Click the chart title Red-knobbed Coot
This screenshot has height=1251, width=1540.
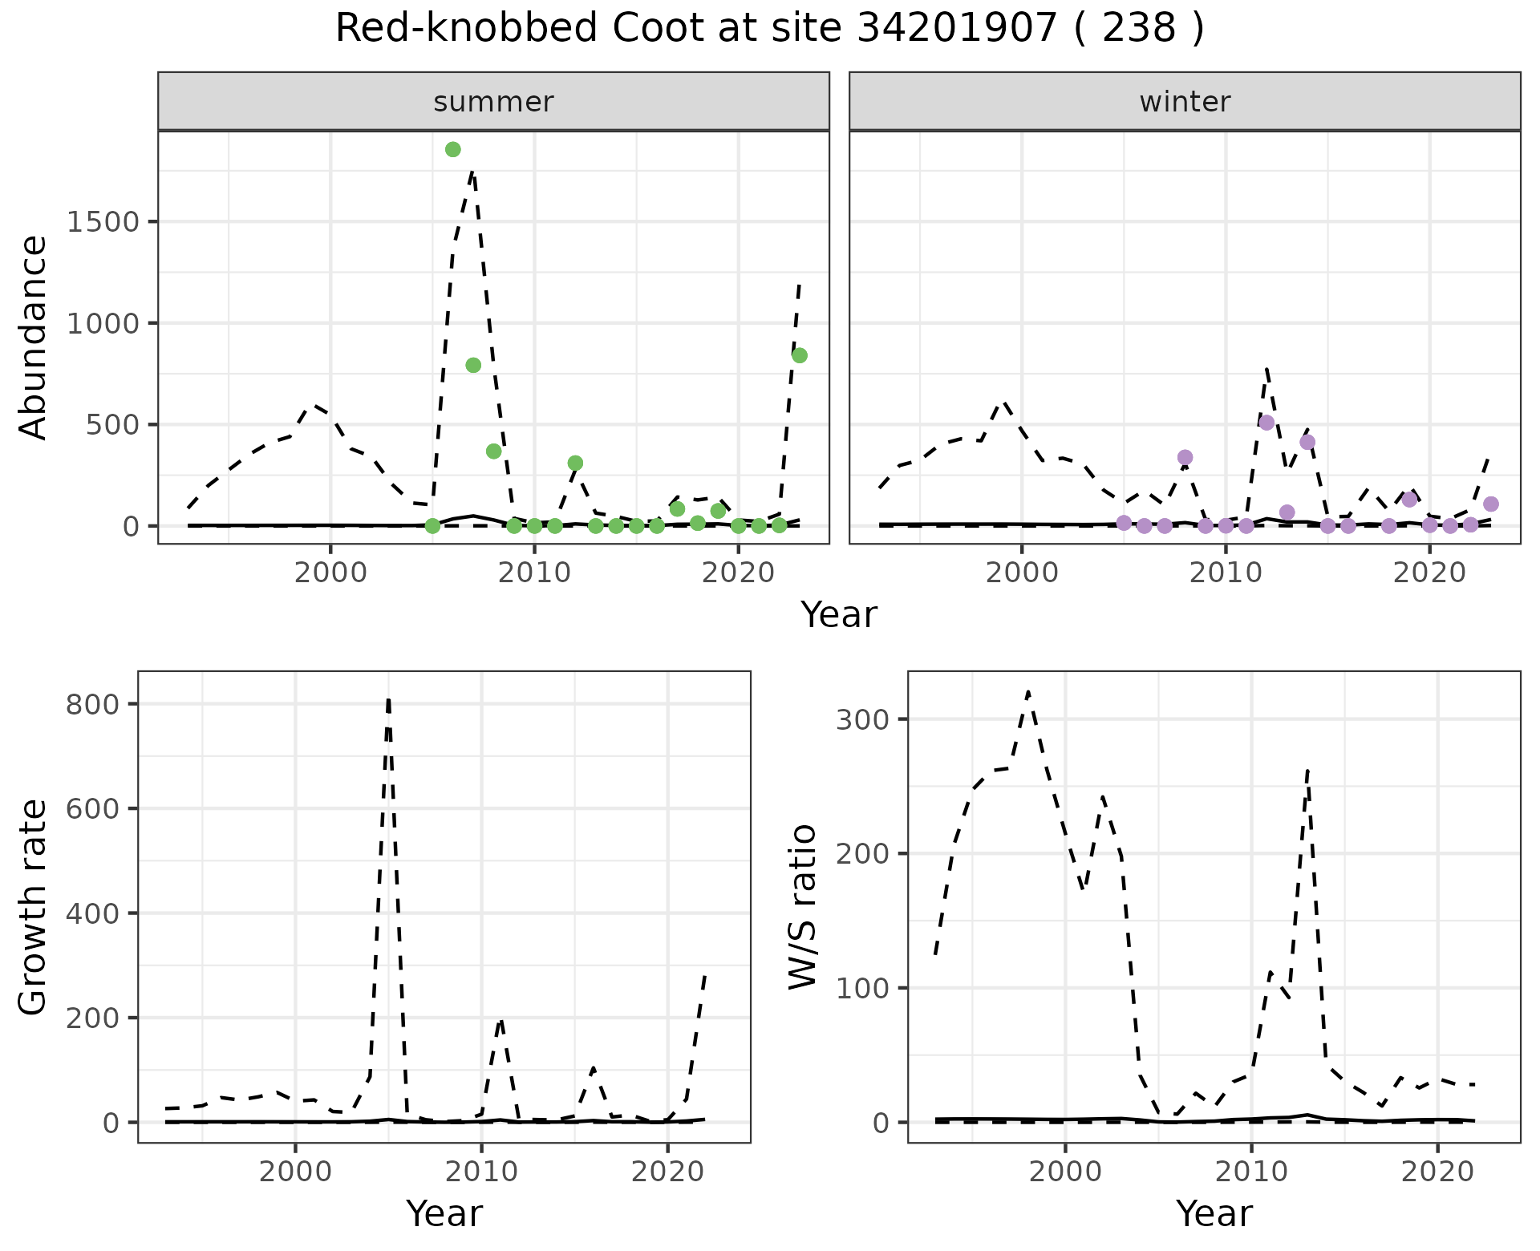pos(769,29)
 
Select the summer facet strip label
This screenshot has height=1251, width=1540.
pos(493,102)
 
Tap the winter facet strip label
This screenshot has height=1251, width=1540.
pos(1185,102)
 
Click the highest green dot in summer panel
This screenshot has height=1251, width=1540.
pos(452,150)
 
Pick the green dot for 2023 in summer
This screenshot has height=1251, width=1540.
pos(799,355)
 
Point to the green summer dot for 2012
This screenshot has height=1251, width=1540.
pos(575,463)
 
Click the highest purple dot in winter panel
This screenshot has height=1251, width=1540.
pos(1266,423)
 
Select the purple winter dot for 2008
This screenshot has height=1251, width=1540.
pos(1185,458)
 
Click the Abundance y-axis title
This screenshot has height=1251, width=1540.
pos(34,337)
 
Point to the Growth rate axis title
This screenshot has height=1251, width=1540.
pos(34,907)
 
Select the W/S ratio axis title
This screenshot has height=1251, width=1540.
pos(803,907)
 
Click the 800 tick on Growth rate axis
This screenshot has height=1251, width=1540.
pos(93,704)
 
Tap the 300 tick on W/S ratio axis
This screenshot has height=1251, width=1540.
pos(865,719)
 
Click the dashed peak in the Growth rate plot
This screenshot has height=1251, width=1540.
pos(388,699)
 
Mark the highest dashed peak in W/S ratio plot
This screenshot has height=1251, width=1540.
pos(1028,691)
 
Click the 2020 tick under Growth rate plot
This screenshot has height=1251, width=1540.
pos(667,1172)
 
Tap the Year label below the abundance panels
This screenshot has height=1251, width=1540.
pos(839,615)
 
